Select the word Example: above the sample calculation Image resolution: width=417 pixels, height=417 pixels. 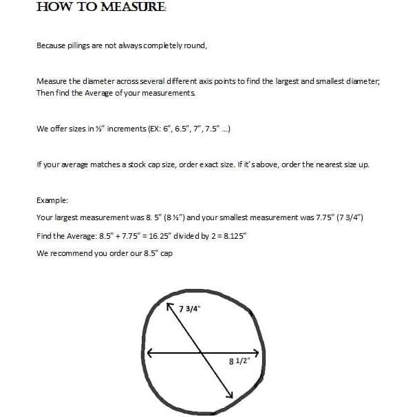pos(52,200)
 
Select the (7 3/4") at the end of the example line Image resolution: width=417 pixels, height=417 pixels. pos(350,217)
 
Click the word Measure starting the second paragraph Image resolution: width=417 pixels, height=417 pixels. pos(50,81)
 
